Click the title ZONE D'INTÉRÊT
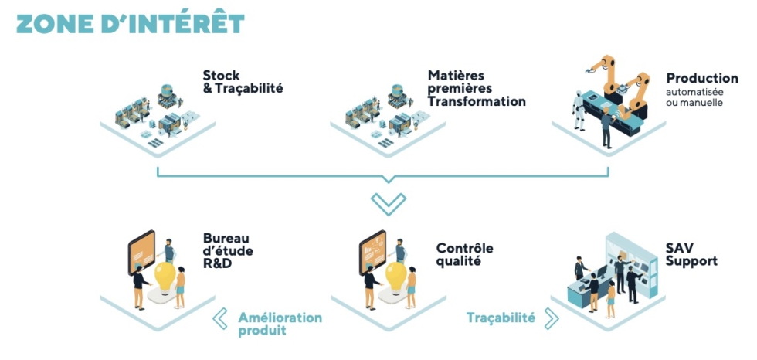pos(131,24)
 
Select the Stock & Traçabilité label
pos(243,82)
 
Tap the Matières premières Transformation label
pos(477,88)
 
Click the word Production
pos(702,78)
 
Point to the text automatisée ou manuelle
pos(694,97)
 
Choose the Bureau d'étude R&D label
pos(228,251)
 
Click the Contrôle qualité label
pos(465,254)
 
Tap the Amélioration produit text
pos(280,324)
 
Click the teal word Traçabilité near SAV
pos(501,318)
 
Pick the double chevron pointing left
pos(220,319)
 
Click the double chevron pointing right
pos(551,318)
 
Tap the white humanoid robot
pos(579,110)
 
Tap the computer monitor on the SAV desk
pos(603,271)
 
